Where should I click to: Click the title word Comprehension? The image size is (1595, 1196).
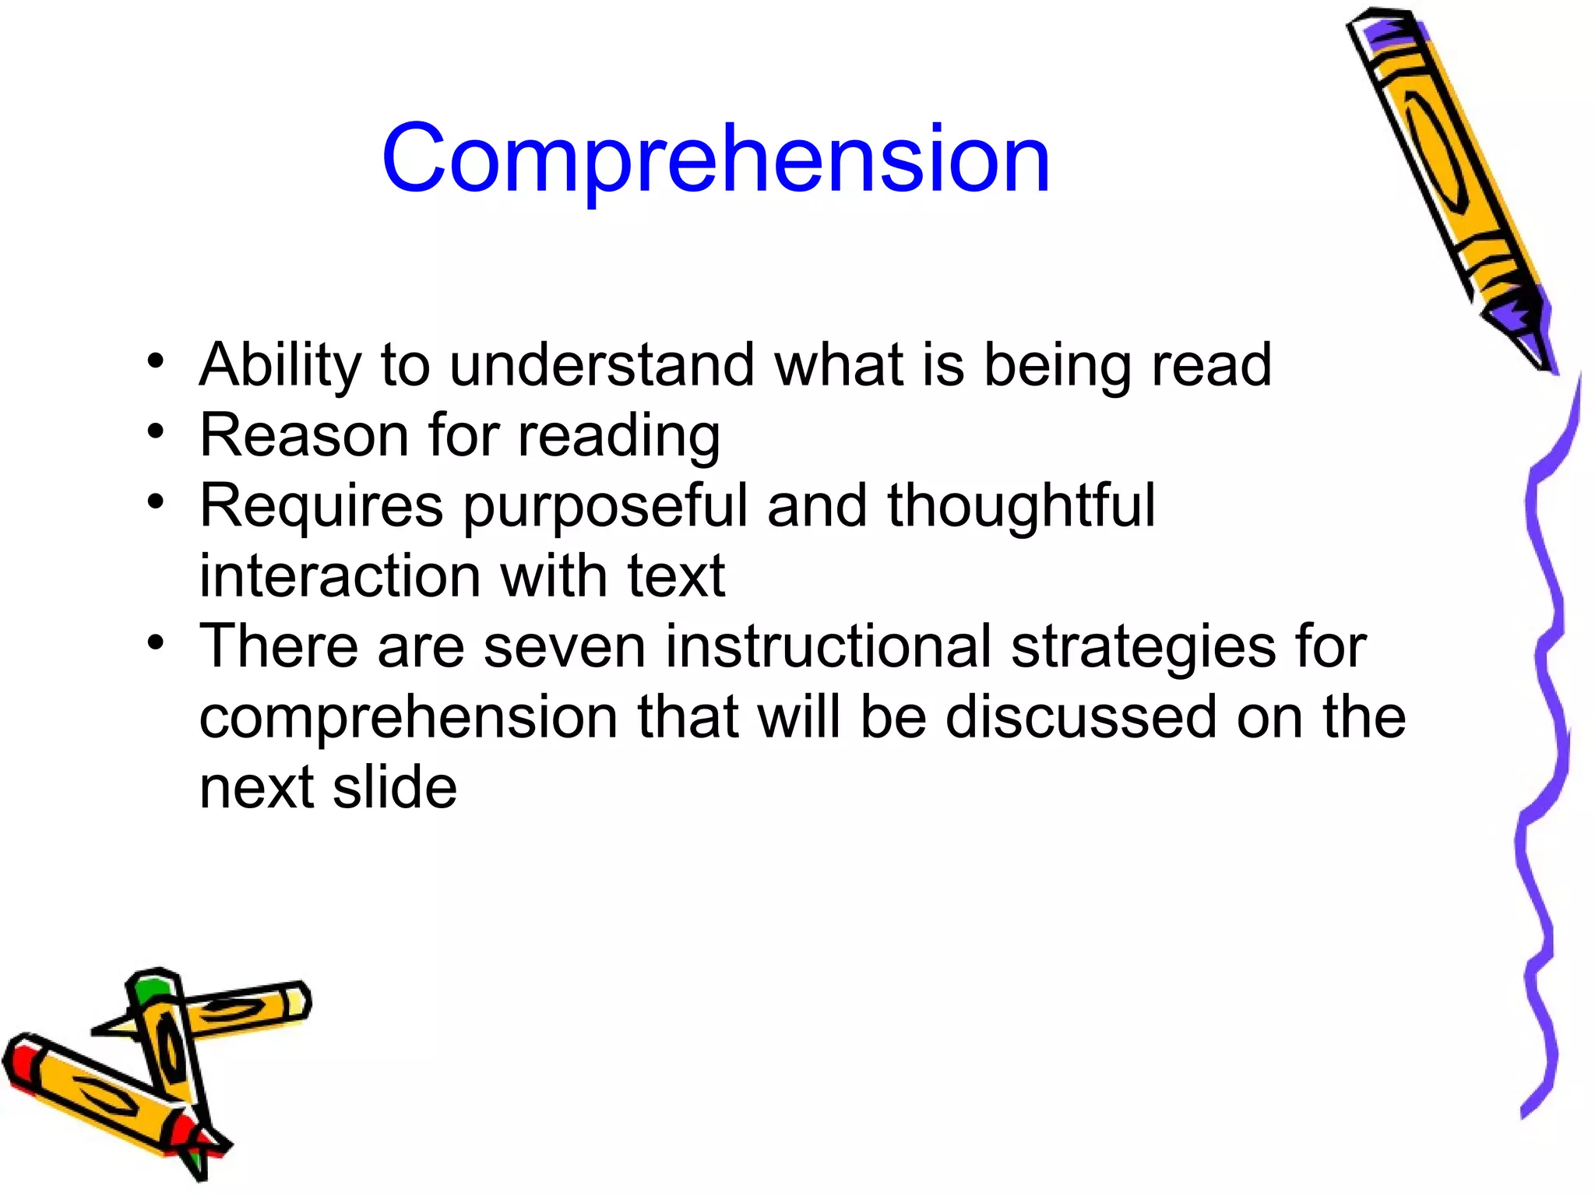point(715,160)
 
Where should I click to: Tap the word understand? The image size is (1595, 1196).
point(602,364)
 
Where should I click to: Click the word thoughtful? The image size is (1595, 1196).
point(1020,505)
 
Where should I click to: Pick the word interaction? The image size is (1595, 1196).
point(340,576)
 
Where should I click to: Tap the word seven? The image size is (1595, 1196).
point(564,646)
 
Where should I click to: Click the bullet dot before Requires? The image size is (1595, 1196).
point(157,501)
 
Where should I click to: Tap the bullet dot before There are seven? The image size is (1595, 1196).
point(157,642)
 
